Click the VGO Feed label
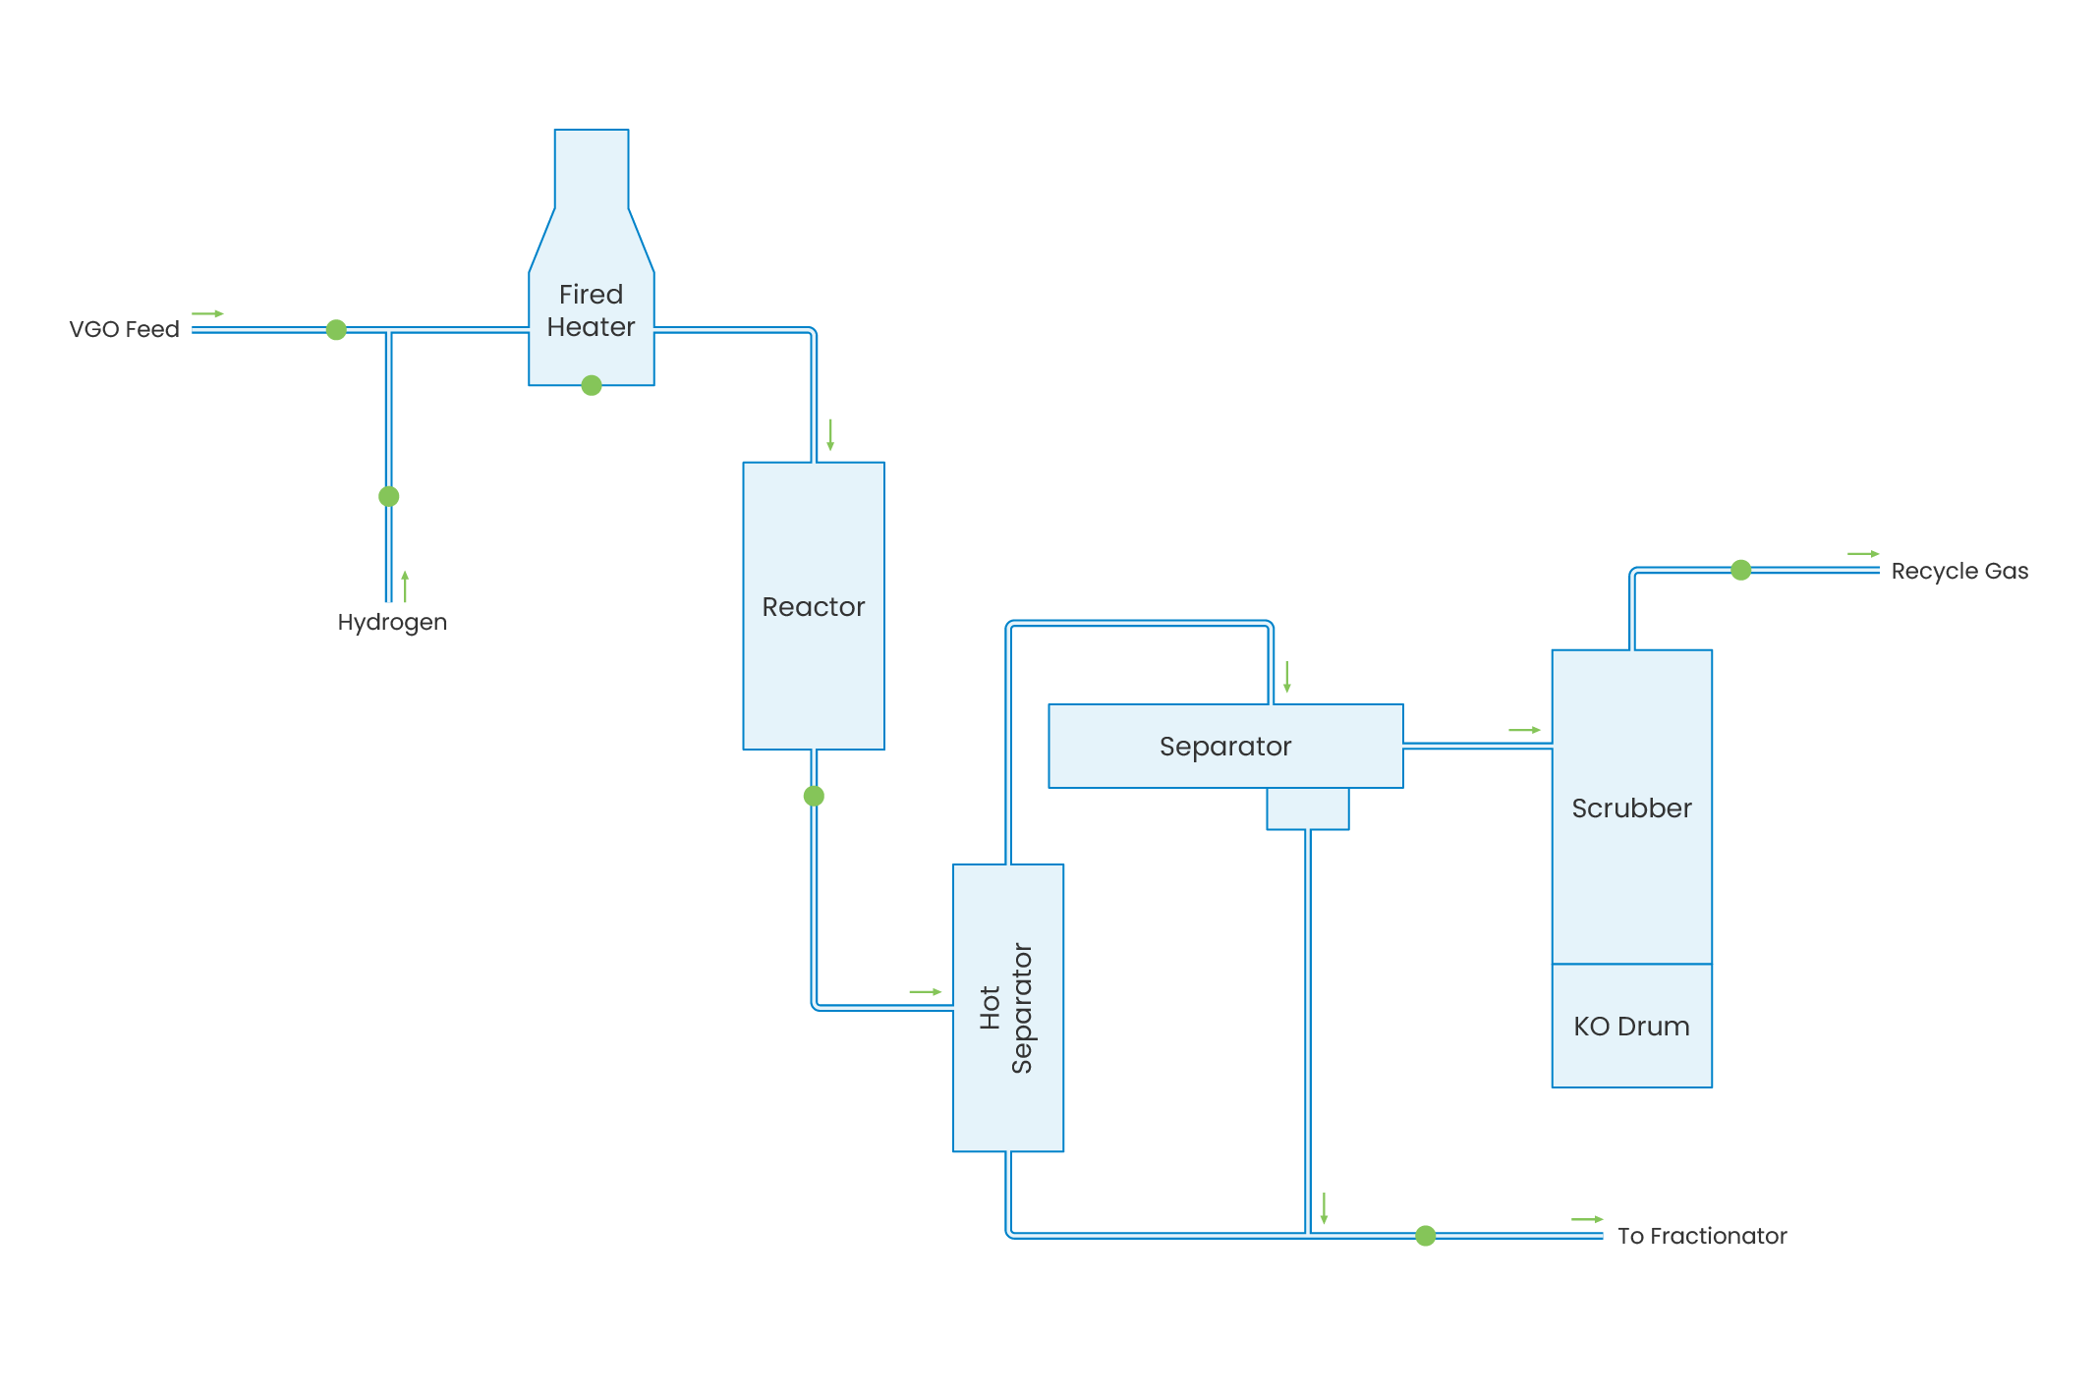(124, 329)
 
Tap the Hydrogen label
(392, 622)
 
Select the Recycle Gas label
(1958, 571)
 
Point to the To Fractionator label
(1701, 1236)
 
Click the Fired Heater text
(591, 310)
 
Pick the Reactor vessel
(813, 606)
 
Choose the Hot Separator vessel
(1007, 1008)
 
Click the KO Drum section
(1631, 1026)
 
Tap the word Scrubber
(1631, 808)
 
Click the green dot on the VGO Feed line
(336, 330)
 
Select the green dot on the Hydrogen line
(389, 496)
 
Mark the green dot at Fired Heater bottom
(592, 385)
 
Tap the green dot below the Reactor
(814, 796)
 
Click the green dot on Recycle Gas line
(1740, 570)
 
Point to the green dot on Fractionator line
(1426, 1236)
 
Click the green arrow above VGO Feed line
(207, 313)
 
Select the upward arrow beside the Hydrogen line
(405, 585)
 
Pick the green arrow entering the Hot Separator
(925, 991)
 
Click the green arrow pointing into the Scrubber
(1524, 730)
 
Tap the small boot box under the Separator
(1307, 808)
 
